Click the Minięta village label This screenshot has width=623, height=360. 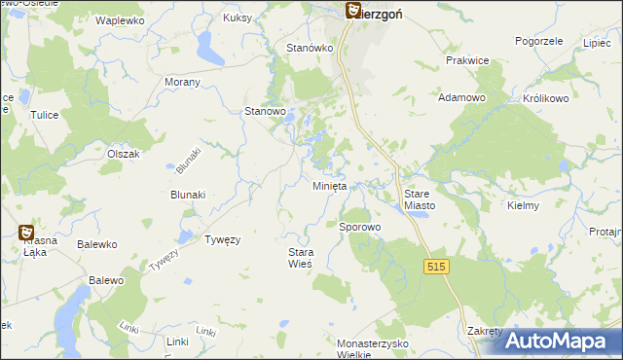pyautogui.click(x=329, y=186)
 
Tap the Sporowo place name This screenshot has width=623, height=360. pyautogui.click(x=359, y=227)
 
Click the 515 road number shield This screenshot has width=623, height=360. pyautogui.click(x=435, y=266)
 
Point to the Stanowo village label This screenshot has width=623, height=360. pyautogui.click(x=264, y=112)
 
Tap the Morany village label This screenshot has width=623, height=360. pyautogui.click(x=182, y=82)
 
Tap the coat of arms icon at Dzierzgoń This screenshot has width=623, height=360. pyautogui.click(x=352, y=11)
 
